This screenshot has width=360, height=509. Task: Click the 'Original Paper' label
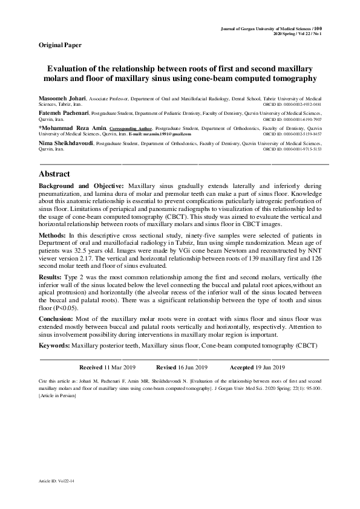tap(59, 45)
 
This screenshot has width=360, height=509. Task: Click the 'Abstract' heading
tap(56, 174)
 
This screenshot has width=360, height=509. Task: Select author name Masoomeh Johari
tap(62, 97)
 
